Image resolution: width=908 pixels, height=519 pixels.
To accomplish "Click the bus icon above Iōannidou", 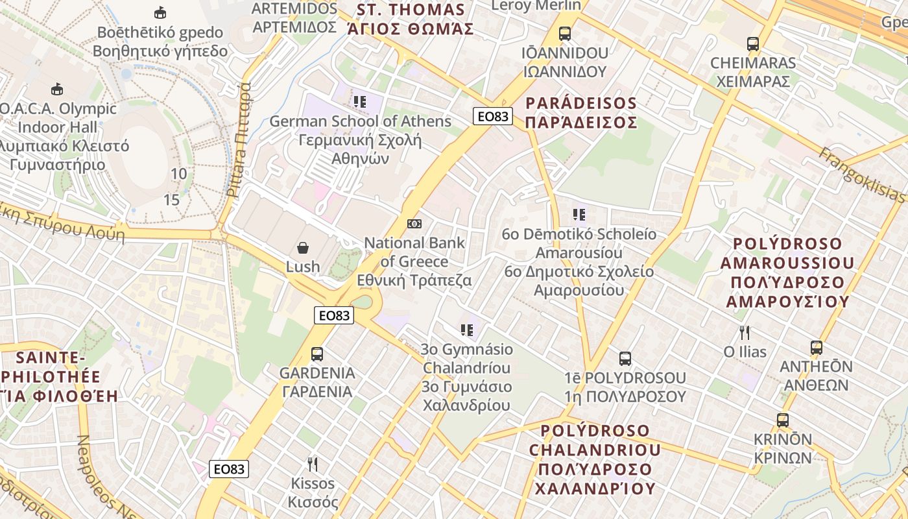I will tap(565, 33).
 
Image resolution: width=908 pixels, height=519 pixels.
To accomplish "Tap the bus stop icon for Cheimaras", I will tap(752, 44).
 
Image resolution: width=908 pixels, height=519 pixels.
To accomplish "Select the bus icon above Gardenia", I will tap(317, 354).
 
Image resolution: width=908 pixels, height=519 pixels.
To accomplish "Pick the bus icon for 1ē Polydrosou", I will tap(625, 358).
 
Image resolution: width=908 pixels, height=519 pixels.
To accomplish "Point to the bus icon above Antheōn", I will tap(816, 348).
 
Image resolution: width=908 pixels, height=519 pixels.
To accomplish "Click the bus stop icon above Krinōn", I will tap(783, 420).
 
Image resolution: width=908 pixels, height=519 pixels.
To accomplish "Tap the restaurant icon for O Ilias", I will tap(745, 333).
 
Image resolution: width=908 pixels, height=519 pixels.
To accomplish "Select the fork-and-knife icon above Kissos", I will tap(312, 464).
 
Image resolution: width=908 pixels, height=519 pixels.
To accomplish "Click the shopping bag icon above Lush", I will tap(303, 247).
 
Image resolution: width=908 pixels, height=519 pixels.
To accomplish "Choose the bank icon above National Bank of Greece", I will tap(414, 224).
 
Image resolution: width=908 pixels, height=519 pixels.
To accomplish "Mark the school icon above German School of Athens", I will tap(360, 101).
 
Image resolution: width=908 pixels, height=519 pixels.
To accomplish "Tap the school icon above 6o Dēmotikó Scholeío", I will tap(579, 214).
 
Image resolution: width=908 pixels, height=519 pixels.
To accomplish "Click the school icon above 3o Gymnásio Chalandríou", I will tap(466, 330).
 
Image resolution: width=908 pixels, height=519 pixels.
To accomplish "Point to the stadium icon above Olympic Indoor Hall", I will tap(57, 89).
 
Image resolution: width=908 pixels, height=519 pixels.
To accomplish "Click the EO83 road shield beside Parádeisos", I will tap(493, 116).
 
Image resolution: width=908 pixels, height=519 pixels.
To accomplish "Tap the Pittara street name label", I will tap(238, 139).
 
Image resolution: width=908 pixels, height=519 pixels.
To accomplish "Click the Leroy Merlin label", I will tap(536, 6).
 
